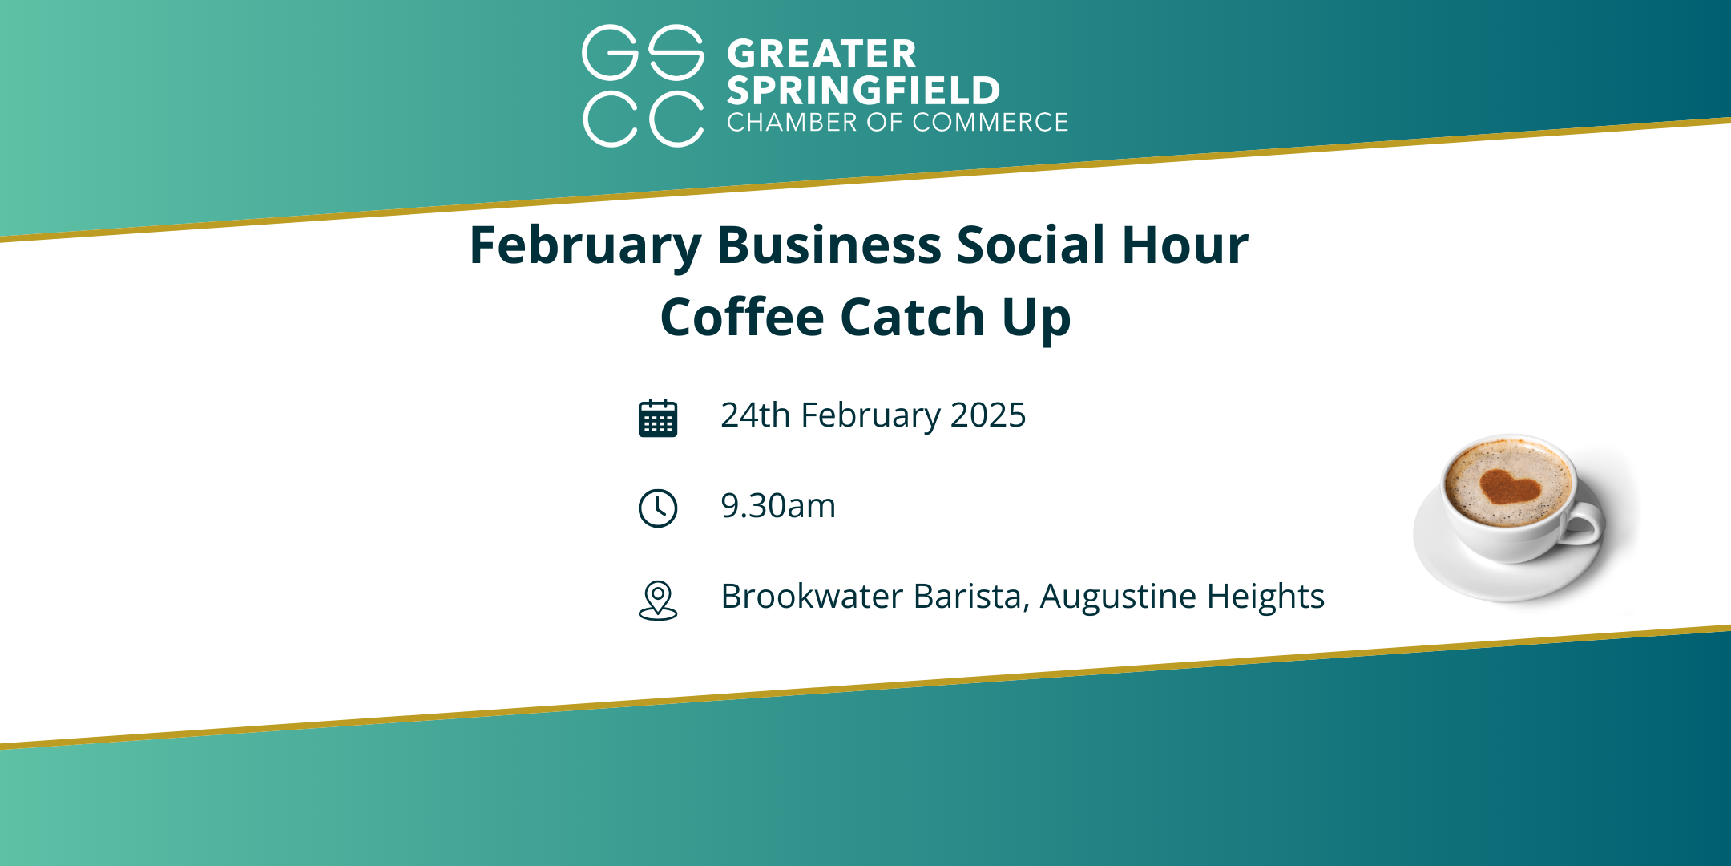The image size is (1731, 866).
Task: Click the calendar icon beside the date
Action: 658,418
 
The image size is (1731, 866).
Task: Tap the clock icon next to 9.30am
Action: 658,508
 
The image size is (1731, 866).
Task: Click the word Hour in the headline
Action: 1184,245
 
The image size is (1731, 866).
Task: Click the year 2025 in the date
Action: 988,415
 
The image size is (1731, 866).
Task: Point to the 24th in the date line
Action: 756,415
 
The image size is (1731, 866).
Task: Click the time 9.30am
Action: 778,506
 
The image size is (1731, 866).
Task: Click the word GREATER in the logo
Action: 821,55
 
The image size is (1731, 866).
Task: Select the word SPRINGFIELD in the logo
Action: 864,91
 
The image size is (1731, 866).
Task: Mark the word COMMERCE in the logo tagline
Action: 990,122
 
